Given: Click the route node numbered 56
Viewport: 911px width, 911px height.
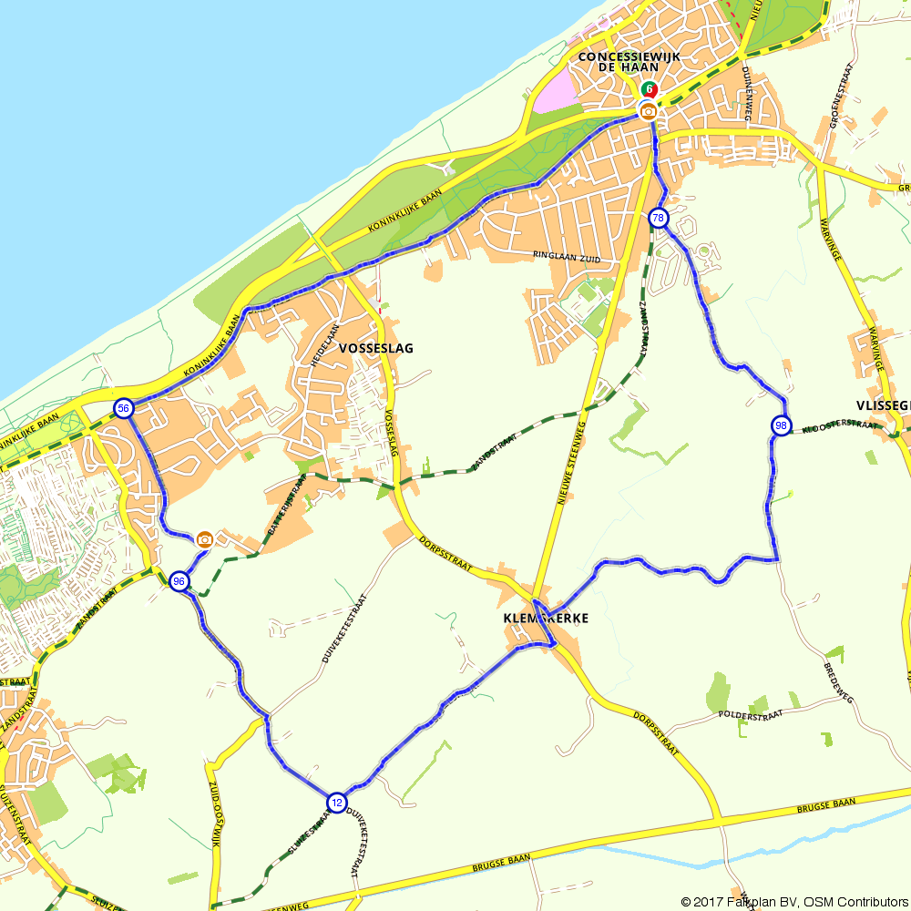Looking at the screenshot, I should [123, 408].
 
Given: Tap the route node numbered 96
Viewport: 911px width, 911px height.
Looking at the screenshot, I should [179, 581].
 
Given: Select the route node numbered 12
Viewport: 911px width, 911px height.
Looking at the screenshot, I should [337, 802].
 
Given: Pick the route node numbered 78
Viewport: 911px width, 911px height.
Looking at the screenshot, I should [658, 219].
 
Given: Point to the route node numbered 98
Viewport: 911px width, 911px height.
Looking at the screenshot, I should [781, 425].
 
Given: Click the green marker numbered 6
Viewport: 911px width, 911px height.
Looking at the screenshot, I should [649, 89].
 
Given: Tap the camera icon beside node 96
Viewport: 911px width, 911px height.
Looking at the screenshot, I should [205, 539].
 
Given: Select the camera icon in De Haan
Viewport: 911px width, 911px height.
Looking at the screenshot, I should [648, 111].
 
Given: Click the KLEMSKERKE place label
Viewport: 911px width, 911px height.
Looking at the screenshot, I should [546, 618].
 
